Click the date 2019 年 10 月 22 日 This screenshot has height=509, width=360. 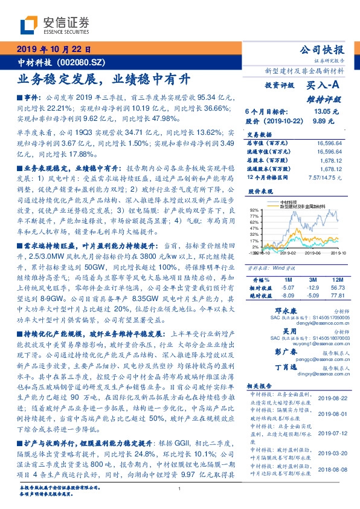click(x=54, y=49)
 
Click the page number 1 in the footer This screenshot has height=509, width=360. click(x=180, y=489)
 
